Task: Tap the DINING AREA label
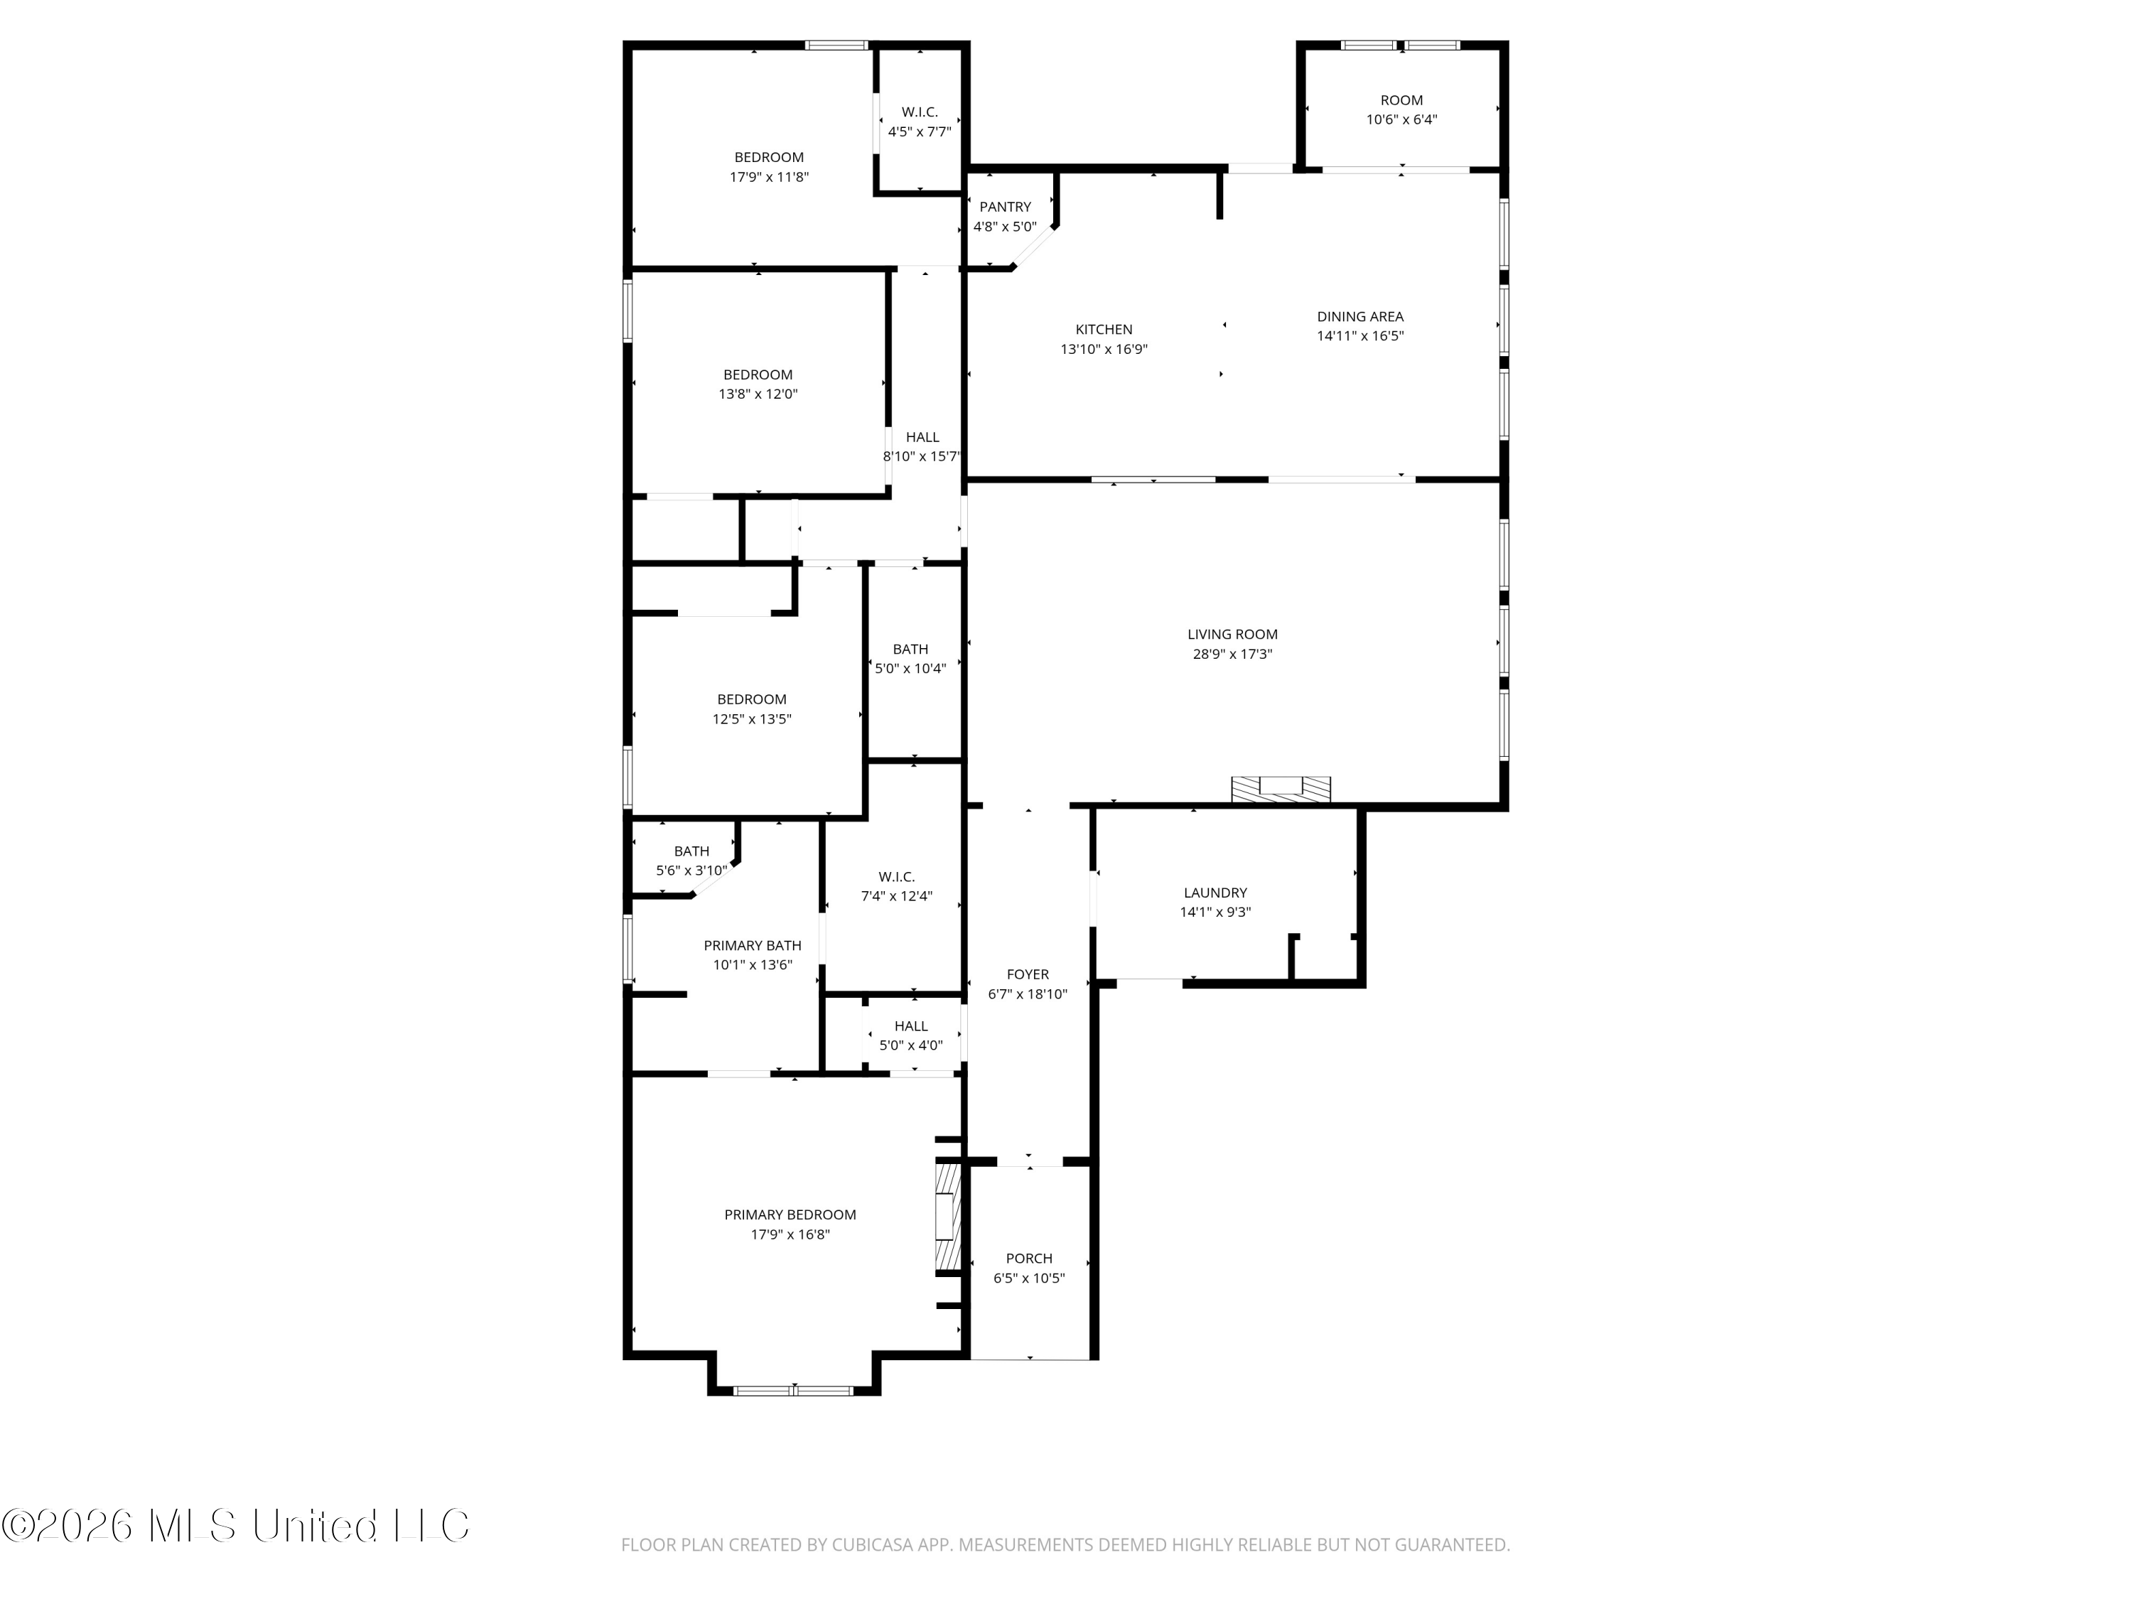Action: click(1360, 316)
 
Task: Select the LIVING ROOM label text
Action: click(1232, 634)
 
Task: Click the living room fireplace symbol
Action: click(1281, 788)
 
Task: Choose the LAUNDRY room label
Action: click(1215, 893)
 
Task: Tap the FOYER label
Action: click(1028, 974)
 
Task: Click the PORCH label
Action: click(1028, 1258)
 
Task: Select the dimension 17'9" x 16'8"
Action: click(790, 1234)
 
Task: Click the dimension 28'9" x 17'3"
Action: click(1232, 654)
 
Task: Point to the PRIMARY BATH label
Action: click(752, 945)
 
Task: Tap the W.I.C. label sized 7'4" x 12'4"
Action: click(896, 877)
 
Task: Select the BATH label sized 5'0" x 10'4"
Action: click(910, 650)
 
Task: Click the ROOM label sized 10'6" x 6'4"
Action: click(1401, 100)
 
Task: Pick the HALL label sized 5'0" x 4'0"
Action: click(911, 1026)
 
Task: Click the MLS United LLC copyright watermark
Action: click(235, 1526)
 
